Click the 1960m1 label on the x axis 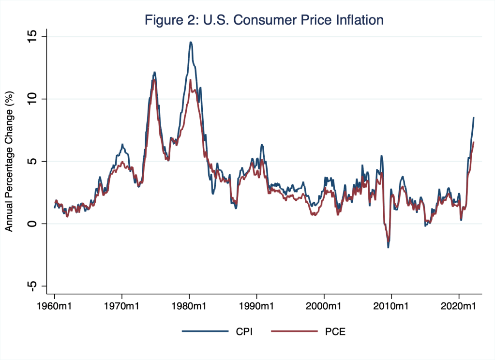click(54, 306)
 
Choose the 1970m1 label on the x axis click(121, 306)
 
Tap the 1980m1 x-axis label click(189, 306)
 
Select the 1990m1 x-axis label click(256, 306)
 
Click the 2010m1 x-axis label click(391, 306)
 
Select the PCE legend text click(330, 331)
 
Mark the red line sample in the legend click(288, 331)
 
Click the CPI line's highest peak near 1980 click(191, 42)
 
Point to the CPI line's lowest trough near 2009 click(388, 247)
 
